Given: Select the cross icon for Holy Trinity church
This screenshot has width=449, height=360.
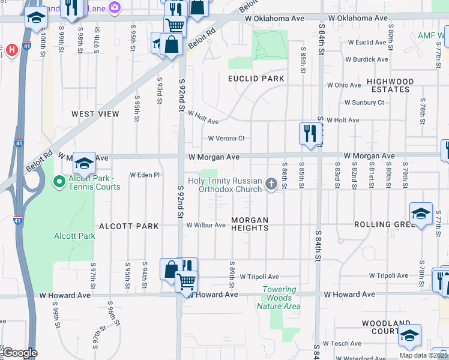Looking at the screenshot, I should [x=271, y=184].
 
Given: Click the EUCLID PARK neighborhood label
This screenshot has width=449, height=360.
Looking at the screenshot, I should [x=256, y=79].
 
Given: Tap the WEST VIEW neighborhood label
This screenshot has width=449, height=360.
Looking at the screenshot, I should [x=95, y=113].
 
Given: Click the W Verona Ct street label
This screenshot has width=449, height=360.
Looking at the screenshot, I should [x=226, y=139].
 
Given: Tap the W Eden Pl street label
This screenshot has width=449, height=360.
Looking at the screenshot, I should [x=145, y=175].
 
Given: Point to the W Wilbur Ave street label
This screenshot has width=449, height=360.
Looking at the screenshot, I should [x=205, y=226].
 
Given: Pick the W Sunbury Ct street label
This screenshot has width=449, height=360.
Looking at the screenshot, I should [x=364, y=103].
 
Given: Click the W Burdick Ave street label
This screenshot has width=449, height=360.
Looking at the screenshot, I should [x=366, y=59].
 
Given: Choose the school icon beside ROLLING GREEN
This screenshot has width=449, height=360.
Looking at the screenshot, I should [x=421, y=214].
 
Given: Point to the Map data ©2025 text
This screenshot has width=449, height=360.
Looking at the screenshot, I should [x=424, y=355].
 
